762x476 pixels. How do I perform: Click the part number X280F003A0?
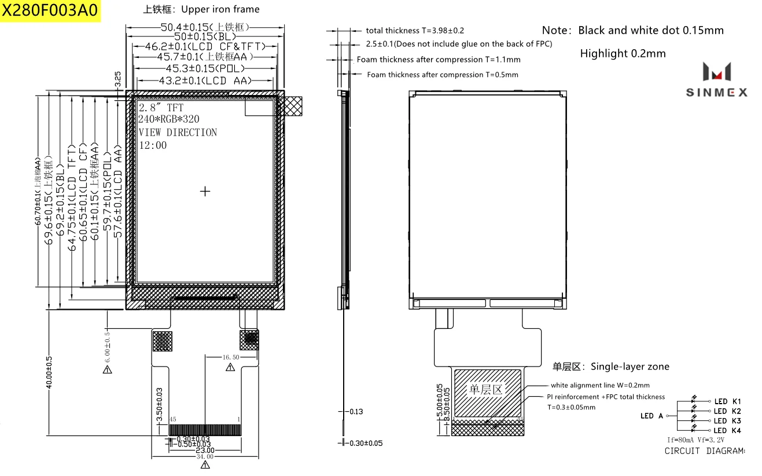[x=50, y=11]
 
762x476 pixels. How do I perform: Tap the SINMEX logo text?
[x=716, y=93]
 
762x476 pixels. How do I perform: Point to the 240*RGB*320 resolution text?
[x=169, y=119]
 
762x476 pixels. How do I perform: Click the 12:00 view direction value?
[x=153, y=145]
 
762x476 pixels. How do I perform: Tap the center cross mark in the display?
[x=205, y=191]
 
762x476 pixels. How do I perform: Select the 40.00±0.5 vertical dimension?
[x=49, y=372]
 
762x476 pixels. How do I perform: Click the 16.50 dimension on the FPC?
[x=230, y=358]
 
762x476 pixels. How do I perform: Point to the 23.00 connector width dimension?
[x=205, y=450]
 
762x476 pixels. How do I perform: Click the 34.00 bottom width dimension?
[x=205, y=456]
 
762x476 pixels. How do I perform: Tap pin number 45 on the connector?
[x=172, y=419]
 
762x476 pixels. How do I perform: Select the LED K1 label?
[x=727, y=401]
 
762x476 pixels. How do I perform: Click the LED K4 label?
[x=727, y=430]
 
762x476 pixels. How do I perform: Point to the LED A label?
[x=651, y=416]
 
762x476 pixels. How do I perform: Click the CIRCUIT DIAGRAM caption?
[x=704, y=451]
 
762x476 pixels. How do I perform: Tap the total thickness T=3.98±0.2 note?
[x=415, y=31]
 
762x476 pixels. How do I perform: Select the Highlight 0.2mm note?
[x=623, y=53]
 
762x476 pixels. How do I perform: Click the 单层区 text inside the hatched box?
[x=486, y=390]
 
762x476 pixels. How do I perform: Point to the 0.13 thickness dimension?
[x=356, y=412]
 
